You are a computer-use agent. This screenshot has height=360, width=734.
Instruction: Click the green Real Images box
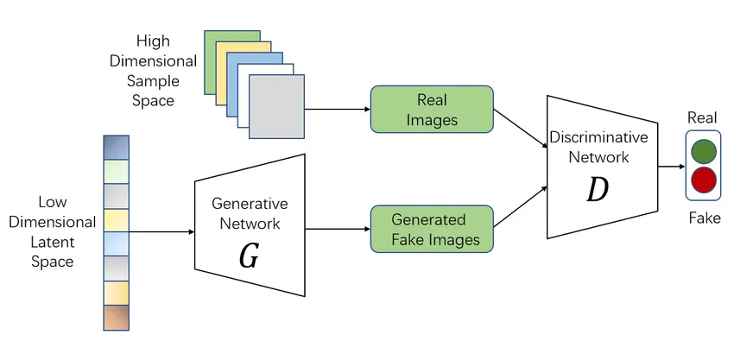[432, 109]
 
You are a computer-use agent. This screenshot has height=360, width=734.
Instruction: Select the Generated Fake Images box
[432, 229]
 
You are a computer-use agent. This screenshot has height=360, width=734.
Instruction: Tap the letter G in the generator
[249, 256]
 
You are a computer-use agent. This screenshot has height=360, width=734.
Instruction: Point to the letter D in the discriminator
[597, 191]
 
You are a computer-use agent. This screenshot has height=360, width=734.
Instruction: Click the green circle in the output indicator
[704, 152]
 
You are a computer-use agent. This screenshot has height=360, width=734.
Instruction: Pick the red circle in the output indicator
[704, 180]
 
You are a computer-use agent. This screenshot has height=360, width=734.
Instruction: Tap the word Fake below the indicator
[704, 218]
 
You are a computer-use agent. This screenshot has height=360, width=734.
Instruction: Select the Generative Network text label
[250, 213]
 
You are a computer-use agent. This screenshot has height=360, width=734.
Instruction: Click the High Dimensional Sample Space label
[165, 71]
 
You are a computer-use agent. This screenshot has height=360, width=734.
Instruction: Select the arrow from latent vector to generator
[161, 231]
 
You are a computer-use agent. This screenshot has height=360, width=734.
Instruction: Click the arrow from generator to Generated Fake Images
[338, 230]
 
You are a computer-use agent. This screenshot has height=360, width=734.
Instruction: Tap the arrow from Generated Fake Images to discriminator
[520, 207]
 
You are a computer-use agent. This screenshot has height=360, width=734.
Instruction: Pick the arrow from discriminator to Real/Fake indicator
[670, 167]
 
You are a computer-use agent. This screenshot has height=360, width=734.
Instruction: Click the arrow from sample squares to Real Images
[338, 110]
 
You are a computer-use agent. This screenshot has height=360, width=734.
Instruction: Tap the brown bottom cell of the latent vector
[116, 318]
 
